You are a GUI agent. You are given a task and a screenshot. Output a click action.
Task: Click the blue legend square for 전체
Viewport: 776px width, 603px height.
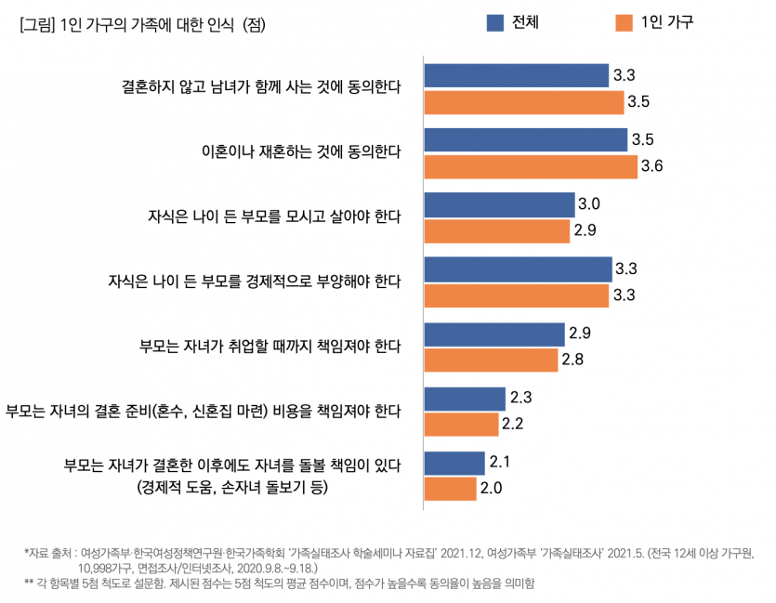[x=495, y=22]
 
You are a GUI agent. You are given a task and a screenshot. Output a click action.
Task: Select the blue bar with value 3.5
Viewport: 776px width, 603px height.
[x=525, y=140]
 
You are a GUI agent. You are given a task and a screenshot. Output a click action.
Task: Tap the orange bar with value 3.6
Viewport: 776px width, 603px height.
[x=531, y=167]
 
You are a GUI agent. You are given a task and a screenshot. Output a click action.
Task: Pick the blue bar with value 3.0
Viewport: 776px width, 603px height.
[x=499, y=204]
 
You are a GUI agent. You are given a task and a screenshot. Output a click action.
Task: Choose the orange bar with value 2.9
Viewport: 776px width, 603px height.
[x=496, y=231]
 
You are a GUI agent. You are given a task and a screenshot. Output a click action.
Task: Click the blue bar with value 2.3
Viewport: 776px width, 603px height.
[x=465, y=399]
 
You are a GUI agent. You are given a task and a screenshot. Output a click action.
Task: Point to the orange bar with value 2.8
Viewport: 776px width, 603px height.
[x=491, y=360]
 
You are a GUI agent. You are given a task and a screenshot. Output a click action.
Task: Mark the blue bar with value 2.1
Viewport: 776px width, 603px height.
[x=454, y=463]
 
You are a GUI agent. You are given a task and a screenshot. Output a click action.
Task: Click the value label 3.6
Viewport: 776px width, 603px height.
[x=651, y=167]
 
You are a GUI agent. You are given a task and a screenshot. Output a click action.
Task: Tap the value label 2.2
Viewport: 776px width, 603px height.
[x=513, y=425]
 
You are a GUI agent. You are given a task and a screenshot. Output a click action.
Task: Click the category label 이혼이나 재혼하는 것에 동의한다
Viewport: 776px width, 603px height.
[x=301, y=151]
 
